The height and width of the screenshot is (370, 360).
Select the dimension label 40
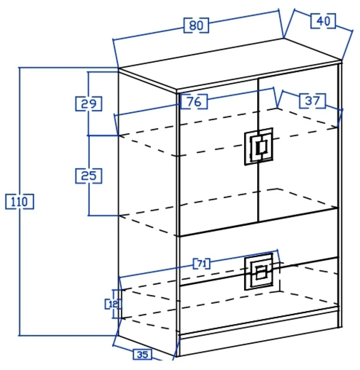pos(323,21)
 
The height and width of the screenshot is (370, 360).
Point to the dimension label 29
pos(89,104)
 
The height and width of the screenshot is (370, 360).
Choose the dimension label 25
pos(89,176)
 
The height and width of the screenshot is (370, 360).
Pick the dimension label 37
pos(312,101)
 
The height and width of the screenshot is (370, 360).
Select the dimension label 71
pos(202,264)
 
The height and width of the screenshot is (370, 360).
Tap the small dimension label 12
pos(113,304)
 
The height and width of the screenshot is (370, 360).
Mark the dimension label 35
pos(143,355)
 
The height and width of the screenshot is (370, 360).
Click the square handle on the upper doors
pos(258,146)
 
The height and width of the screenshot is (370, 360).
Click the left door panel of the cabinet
pos(216,180)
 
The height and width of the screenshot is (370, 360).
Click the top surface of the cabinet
pos(230,65)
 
